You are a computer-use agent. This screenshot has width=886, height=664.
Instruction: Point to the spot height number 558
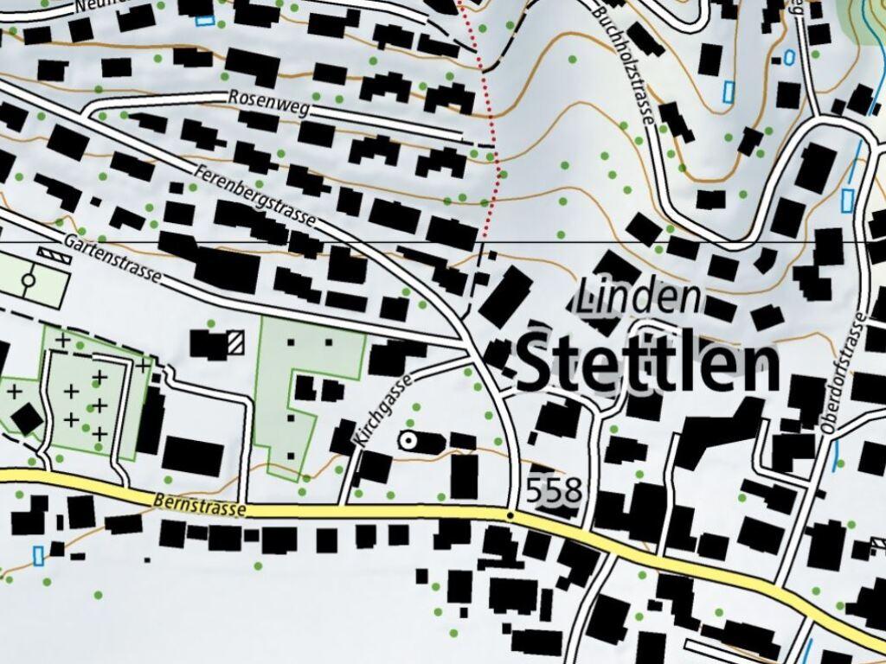click(x=554, y=492)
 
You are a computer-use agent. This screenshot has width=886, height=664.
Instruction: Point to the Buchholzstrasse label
click(x=621, y=61)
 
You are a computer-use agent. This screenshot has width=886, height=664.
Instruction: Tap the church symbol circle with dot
click(x=407, y=441)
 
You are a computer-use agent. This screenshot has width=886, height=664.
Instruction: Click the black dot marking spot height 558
click(x=510, y=515)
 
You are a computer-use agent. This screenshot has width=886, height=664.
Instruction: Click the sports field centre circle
click(x=29, y=280)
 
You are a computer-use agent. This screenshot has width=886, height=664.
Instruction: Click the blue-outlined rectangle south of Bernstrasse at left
click(x=38, y=555)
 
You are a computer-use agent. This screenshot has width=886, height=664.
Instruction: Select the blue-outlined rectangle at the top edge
click(x=204, y=21)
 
